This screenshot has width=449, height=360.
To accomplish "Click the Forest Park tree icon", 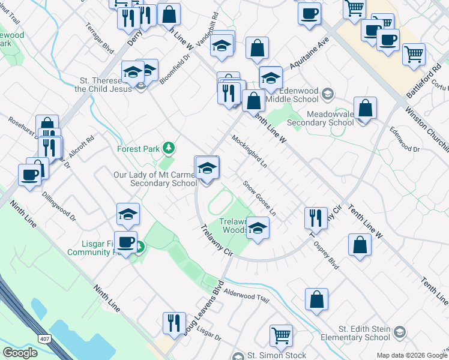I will point(169,148).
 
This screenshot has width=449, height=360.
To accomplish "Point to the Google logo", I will point(20,353).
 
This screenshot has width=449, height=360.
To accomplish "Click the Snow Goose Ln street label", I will point(259,199).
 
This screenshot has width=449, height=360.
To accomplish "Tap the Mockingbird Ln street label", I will point(249,151).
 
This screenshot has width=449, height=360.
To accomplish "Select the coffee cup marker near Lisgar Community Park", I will point(125,242).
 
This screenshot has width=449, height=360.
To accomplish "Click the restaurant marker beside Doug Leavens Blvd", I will point(174,322).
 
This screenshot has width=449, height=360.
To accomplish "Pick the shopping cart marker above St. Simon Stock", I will point(280,335).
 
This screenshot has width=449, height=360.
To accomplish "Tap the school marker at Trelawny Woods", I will point(258,228).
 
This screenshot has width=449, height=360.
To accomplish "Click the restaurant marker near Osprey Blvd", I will point(316,218).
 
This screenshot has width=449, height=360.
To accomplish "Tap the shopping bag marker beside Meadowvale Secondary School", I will point(365,109).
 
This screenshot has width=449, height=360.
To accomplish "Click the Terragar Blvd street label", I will point(100,38).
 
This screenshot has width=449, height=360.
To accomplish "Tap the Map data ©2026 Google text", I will point(412,355).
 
